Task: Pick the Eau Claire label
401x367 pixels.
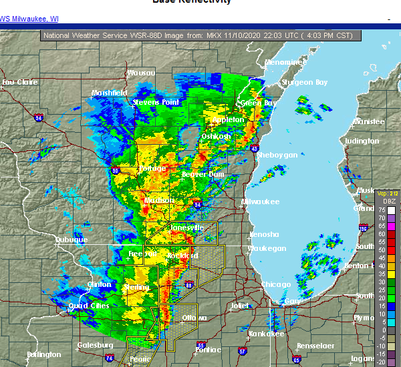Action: pyautogui.click(x=19, y=83)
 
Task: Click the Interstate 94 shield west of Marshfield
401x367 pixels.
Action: pyautogui.click(x=38, y=119)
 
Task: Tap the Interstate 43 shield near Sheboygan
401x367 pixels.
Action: pyautogui.click(x=256, y=148)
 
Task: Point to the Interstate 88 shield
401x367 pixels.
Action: pyautogui.click(x=189, y=286)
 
